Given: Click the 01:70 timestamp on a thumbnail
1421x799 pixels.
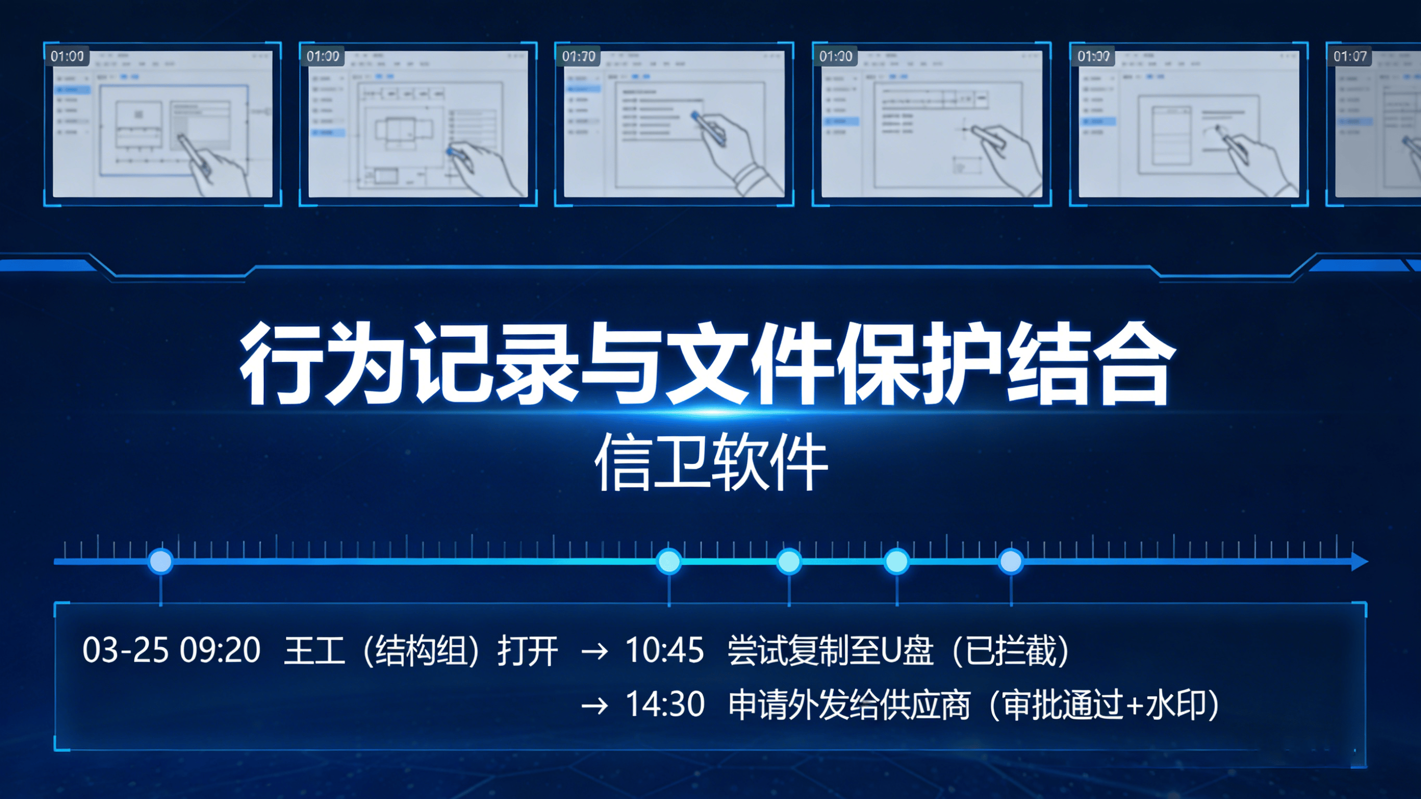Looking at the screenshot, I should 578,56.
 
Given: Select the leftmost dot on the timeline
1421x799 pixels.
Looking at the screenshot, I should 160,561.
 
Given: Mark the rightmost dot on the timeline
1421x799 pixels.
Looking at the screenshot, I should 1011,561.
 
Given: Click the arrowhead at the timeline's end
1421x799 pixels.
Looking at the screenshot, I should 1359,562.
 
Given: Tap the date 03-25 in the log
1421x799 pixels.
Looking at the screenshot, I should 125,650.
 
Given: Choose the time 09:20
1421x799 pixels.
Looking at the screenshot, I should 220,650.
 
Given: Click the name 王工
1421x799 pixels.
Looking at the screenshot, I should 314,651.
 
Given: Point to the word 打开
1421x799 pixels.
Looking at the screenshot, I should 527,651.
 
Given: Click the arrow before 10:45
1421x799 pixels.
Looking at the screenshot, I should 594,652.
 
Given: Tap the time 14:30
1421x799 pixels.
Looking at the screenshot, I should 665,705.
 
